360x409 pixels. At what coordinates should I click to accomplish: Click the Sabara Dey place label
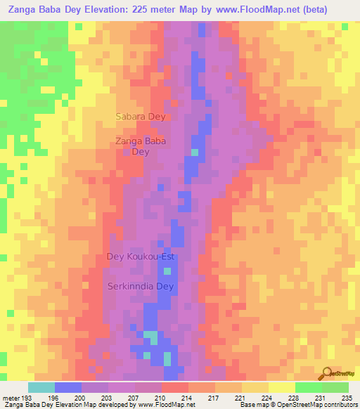[x=141, y=117]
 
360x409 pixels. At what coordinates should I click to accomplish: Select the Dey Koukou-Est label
[x=139, y=257]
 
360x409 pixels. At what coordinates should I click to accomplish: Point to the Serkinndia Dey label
[x=140, y=287]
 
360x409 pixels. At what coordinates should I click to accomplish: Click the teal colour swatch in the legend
[x=41, y=387]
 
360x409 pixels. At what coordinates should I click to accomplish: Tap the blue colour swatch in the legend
[x=68, y=387]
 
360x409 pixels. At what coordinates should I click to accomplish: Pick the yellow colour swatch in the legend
[x=281, y=387]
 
